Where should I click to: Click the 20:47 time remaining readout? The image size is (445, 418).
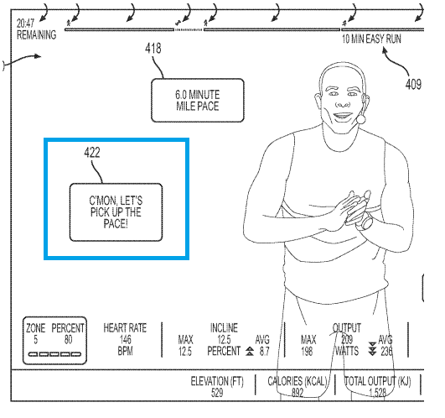(x=25, y=23)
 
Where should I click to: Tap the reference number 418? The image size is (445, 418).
(x=153, y=49)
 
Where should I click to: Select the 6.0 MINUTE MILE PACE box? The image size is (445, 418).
(x=198, y=101)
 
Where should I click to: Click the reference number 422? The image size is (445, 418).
(x=92, y=153)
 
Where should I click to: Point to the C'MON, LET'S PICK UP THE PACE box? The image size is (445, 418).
(x=116, y=212)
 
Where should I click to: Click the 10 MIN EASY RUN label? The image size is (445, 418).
(x=371, y=39)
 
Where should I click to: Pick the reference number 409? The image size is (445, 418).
(x=413, y=84)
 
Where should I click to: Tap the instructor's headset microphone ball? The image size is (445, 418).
(x=361, y=119)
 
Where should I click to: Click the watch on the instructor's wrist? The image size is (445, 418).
(x=367, y=222)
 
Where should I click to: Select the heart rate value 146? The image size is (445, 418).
(x=125, y=340)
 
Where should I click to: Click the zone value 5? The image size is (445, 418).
(x=35, y=340)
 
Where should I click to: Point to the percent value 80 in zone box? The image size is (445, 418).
(x=68, y=340)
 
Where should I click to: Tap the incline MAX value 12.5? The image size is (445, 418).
(x=185, y=352)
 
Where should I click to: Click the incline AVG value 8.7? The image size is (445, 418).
(x=264, y=352)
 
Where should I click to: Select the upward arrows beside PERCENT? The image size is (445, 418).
(x=250, y=351)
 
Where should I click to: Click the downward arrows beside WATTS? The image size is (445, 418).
(x=372, y=348)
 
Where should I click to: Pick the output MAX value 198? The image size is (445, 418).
(x=307, y=352)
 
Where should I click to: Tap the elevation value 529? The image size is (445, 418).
(x=217, y=393)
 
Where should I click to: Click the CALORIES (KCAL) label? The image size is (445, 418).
(x=298, y=381)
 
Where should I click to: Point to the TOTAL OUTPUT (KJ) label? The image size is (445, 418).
(x=377, y=381)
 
